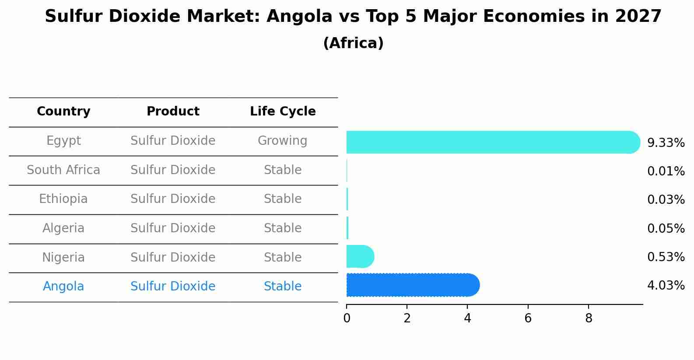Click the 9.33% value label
[x=666, y=143]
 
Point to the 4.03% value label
[x=666, y=286]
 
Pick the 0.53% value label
[x=666, y=257]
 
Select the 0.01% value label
[x=666, y=171]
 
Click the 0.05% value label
[x=666, y=228]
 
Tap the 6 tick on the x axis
[x=528, y=318]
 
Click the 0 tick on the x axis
[x=347, y=318]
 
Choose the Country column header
[x=63, y=112]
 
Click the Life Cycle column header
[x=283, y=112]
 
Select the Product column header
[x=173, y=112]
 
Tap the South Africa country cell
[x=63, y=170]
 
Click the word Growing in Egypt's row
[x=282, y=141]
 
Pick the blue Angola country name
[x=63, y=287]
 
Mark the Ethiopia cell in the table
[x=63, y=199]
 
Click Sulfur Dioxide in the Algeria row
[x=173, y=228]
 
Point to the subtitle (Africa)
[x=353, y=43]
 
